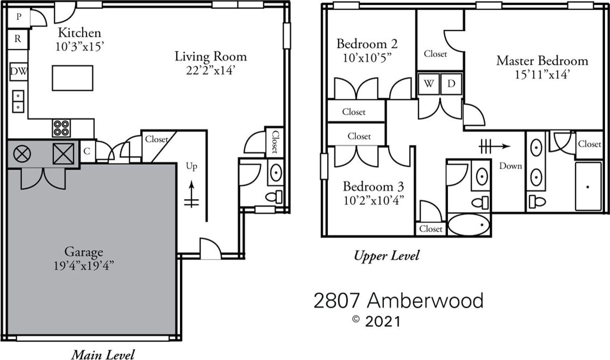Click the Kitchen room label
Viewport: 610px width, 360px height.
[x=80, y=33]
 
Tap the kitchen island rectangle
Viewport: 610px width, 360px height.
[x=72, y=78]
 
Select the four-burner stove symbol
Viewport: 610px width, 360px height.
[x=61, y=128]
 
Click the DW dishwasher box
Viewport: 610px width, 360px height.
[x=19, y=71]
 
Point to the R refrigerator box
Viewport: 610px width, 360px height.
[x=18, y=39]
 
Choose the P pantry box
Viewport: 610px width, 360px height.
[x=19, y=17]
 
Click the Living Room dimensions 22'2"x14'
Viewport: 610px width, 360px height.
[x=210, y=71]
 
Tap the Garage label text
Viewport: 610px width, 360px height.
[x=84, y=251]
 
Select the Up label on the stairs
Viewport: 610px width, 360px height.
[x=191, y=166]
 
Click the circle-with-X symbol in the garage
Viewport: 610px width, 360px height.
[x=22, y=154]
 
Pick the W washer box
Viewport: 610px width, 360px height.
[x=429, y=84]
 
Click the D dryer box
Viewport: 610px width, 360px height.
[x=451, y=84]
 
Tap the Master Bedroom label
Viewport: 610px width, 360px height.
[x=542, y=61]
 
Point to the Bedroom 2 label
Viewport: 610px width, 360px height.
[x=367, y=44]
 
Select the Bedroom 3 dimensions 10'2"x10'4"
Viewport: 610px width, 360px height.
[x=373, y=201]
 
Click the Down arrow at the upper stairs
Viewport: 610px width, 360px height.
[x=495, y=146]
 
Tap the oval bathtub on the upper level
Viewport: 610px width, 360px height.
[x=469, y=225]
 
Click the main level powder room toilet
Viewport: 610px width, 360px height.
[x=274, y=196]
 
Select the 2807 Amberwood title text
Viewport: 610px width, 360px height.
[x=398, y=301]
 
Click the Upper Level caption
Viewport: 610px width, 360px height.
[x=387, y=256]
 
